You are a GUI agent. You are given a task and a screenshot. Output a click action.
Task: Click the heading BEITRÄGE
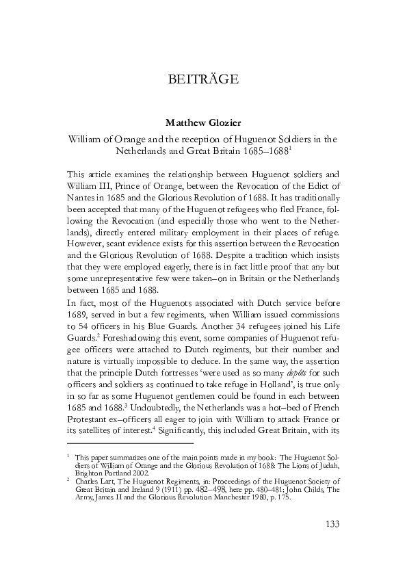pyautogui.click(x=202, y=80)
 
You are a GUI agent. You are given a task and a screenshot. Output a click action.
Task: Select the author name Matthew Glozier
pyautogui.click(x=202, y=123)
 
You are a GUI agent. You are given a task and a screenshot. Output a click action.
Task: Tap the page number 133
pyautogui.click(x=330, y=525)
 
